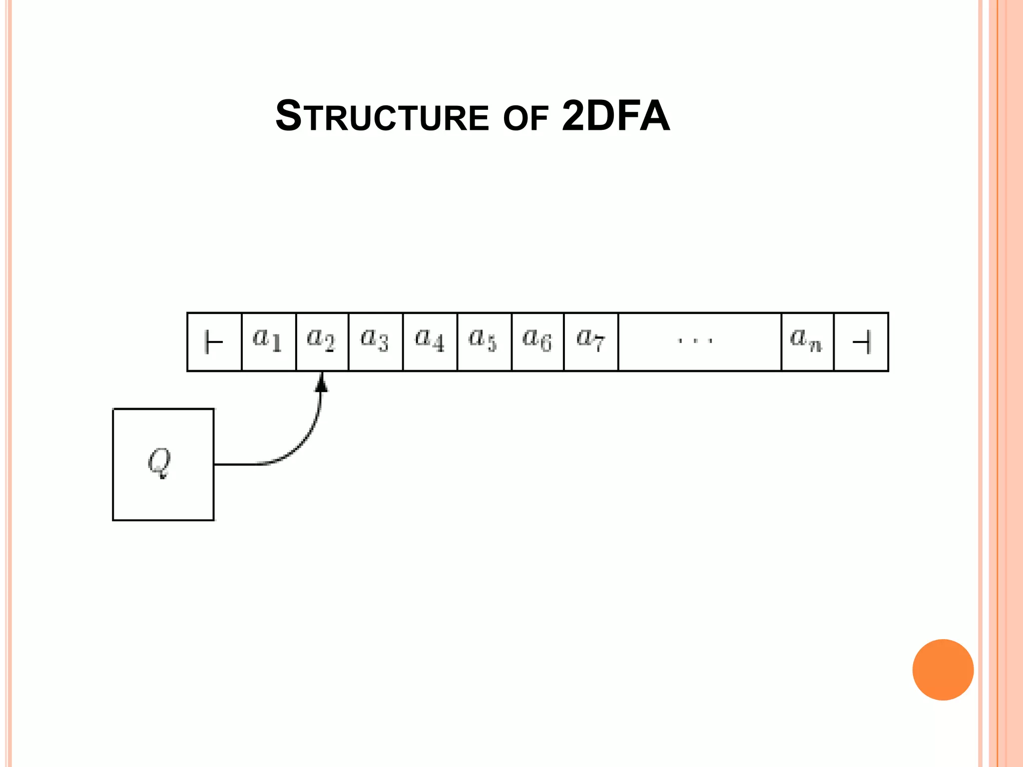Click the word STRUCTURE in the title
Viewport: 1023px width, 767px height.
click(x=382, y=117)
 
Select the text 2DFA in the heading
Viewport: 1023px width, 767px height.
click(x=615, y=116)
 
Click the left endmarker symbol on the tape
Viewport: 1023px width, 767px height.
click(x=214, y=343)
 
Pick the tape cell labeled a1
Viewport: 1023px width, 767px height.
click(x=268, y=342)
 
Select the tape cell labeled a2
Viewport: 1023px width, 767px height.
click(x=322, y=342)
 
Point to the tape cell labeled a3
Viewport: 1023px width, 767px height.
click(x=375, y=342)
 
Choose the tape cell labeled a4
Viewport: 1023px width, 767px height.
click(x=430, y=342)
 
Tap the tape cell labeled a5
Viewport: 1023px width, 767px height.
click(x=484, y=342)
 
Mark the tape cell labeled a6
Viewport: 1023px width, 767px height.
click(x=537, y=342)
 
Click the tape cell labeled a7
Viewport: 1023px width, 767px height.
click(x=591, y=342)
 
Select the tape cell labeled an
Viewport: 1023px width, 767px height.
click(x=807, y=342)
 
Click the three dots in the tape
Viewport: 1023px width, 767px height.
click(x=695, y=342)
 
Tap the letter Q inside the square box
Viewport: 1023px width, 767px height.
click(x=159, y=462)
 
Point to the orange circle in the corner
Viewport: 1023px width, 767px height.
click(x=943, y=670)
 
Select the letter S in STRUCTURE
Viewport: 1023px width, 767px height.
click(x=289, y=116)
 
